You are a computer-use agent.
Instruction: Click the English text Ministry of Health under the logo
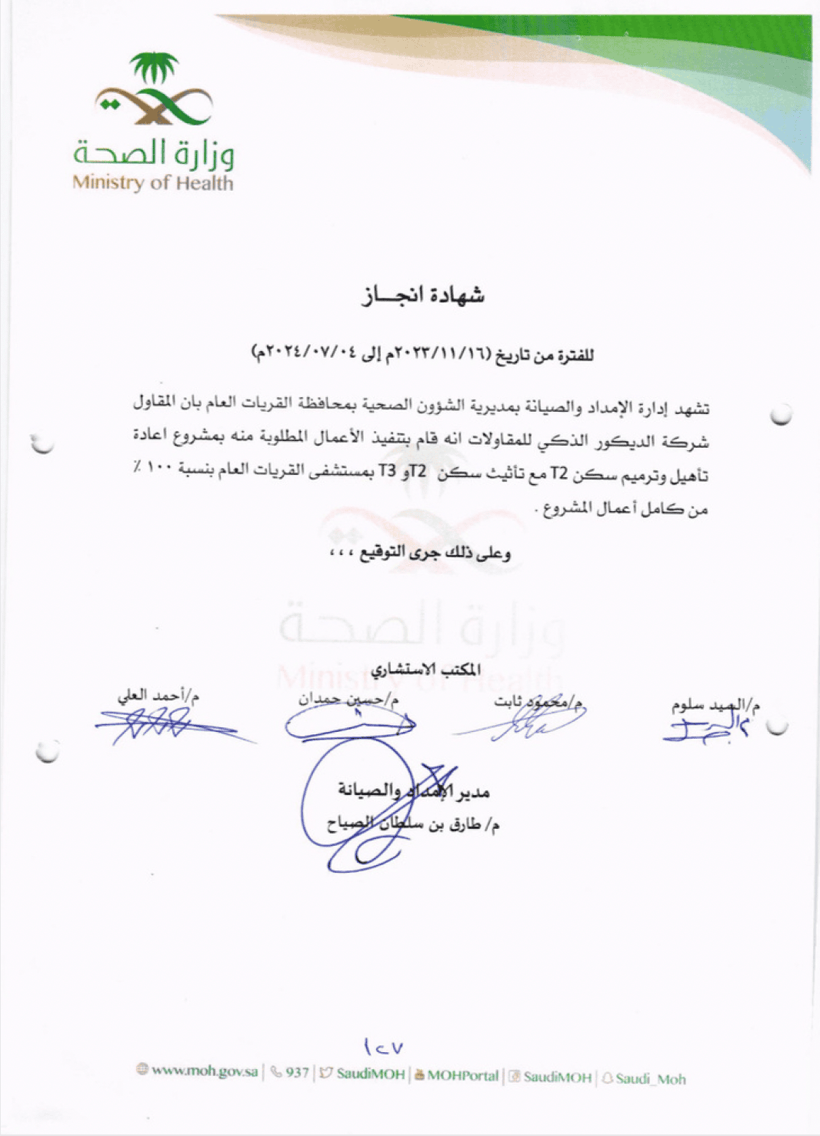coord(152,183)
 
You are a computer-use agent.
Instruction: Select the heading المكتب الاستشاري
coord(425,669)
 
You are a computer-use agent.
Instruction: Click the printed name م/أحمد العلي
coord(158,696)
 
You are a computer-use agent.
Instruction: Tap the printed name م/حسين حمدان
coord(348,699)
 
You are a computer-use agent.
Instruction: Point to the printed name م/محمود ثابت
coord(538,701)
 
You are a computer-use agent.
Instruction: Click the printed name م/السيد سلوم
coord(715,704)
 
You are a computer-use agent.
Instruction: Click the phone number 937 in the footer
coord(297,1073)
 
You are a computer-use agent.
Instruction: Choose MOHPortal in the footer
coord(462,1075)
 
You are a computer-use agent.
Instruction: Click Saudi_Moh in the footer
coord(650,1078)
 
